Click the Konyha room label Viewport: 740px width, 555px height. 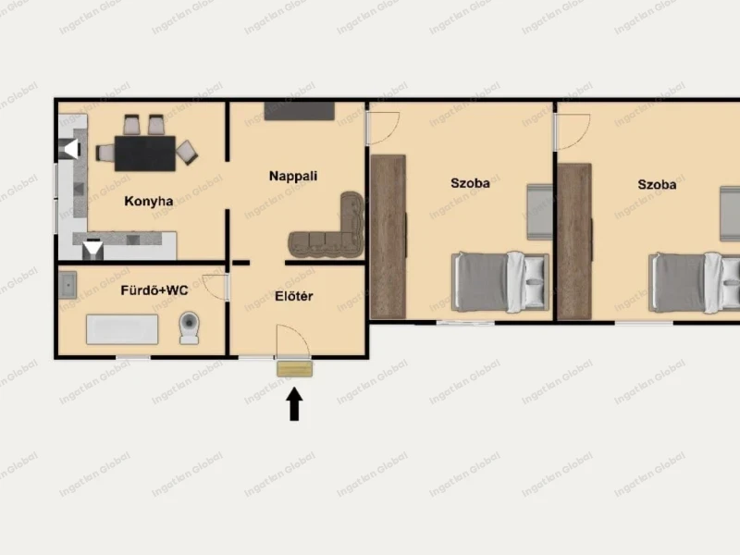[x=149, y=202]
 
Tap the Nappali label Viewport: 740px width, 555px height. [x=293, y=176]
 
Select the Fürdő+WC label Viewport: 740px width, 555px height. [x=154, y=290]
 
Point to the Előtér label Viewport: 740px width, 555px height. [x=294, y=296]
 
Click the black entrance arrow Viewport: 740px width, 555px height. [x=294, y=404]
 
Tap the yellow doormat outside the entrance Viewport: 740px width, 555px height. [x=294, y=368]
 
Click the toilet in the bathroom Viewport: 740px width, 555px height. [x=190, y=327]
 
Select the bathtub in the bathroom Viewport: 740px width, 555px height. [x=122, y=329]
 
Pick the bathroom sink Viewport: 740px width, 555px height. [x=68, y=285]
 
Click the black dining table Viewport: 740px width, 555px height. [x=145, y=154]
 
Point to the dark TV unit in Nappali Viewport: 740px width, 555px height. [x=299, y=111]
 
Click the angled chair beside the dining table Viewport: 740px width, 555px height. [x=187, y=152]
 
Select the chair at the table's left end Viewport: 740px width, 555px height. [x=105, y=153]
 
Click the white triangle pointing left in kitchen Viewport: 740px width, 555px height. [x=71, y=149]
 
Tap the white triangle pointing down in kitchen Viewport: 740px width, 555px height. [x=93, y=248]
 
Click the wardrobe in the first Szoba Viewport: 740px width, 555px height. [x=388, y=237]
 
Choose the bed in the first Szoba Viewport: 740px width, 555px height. [x=500, y=282]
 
